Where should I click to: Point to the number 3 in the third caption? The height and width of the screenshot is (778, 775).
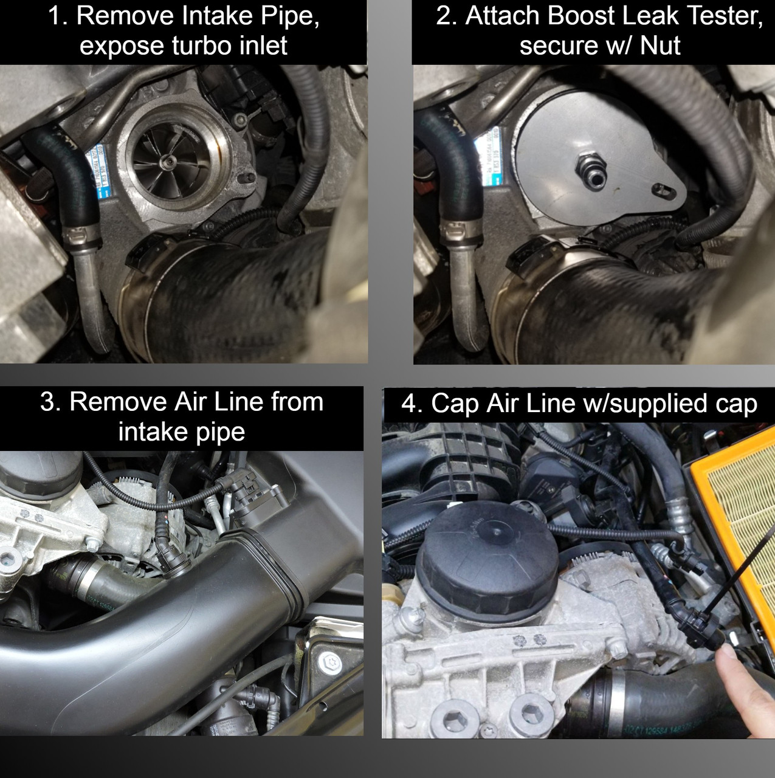48,402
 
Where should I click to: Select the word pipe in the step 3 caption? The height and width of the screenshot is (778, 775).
220,433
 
